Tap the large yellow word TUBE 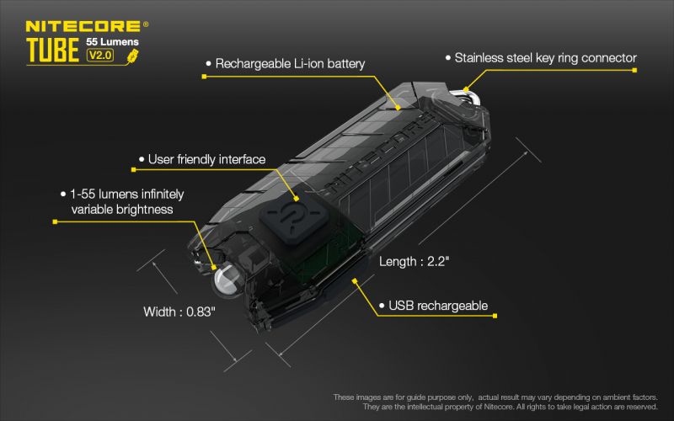tap(52, 51)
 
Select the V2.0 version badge tap(100, 55)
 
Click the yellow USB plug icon tap(132, 56)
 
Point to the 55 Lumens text tap(112, 41)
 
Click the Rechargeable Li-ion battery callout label tap(290, 64)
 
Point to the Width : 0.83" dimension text tap(179, 312)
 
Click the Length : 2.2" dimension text tap(414, 261)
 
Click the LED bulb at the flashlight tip tap(227, 280)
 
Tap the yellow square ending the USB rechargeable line tap(495, 316)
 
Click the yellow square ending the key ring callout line tap(634, 70)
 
